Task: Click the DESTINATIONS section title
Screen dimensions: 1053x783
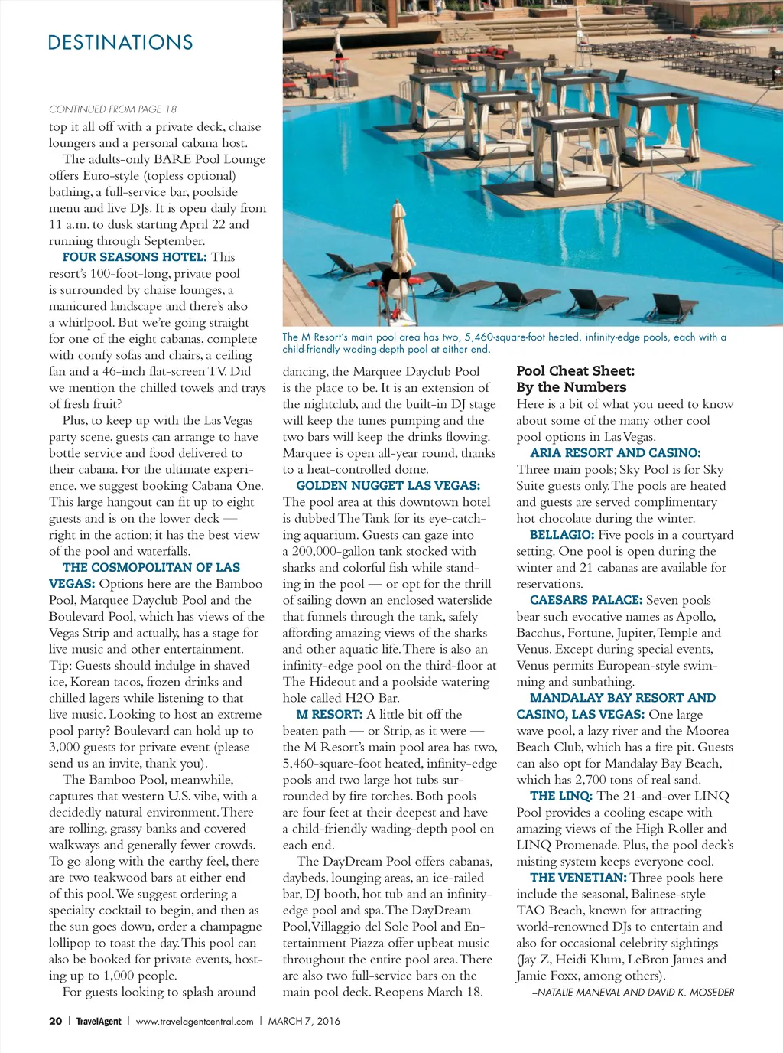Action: pyautogui.click(x=120, y=43)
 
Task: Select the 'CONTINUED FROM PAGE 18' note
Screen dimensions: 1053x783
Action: pyautogui.click(x=112, y=109)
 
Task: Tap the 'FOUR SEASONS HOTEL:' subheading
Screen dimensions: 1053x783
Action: pyautogui.click(x=135, y=257)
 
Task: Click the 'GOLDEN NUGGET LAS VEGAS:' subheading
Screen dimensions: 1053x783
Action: pyautogui.click(x=388, y=486)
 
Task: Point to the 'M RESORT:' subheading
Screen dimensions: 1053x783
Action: pyautogui.click(x=330, y=715)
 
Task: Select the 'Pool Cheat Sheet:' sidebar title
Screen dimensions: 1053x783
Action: pyautogui.click(x=575, y=371)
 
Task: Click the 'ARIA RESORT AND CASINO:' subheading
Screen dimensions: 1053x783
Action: pyautogui.click(x=615, y=453)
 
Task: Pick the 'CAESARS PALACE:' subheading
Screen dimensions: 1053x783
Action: pyautogui.click(x=586, y=600)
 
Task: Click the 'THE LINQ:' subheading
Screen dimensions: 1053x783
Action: pyautogui.click(x=561, y=796)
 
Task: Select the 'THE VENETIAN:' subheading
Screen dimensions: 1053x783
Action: pyautogui.click(x=578, y=878)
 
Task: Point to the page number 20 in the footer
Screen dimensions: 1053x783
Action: pyautogui.click(x=55, y=1021)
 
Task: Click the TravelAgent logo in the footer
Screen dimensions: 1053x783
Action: pyautogui.click(x=99, y=1021)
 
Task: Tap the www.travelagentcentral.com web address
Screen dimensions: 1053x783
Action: pyautogui.click(x=194, y=1021)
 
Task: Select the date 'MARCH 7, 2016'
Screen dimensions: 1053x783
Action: pyautogui.click(x=304, y=1021)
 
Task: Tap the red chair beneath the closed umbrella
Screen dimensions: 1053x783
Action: pyautogui.click(x=409, y=295)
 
